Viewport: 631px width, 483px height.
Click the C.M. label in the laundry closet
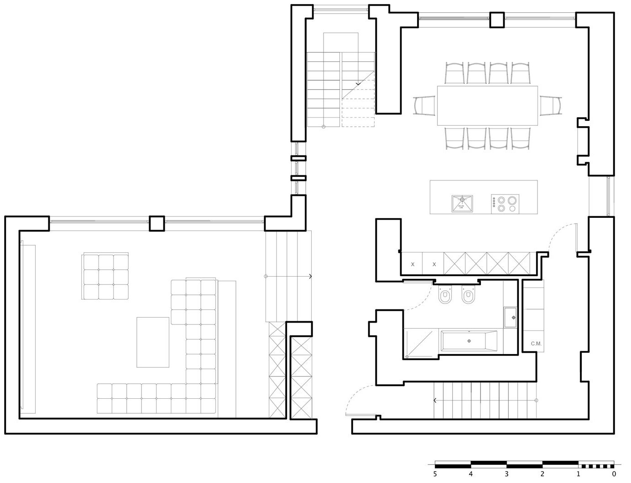(x=536, y=344)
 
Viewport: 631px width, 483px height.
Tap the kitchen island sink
(x=462, y=203)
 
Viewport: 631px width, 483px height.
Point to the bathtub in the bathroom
(x=469, y=341)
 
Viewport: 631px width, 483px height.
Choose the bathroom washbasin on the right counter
(x=513, y=317)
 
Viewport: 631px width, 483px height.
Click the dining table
(x=487, y=105)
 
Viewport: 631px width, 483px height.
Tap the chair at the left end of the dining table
(x=424, y=106)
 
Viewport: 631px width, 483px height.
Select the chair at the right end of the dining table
(x=551, y=106)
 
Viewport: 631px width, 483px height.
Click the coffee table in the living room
(x=152, y=342)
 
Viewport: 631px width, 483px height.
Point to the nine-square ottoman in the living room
(x=105, y=276)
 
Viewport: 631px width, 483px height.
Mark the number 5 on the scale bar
(x=435, y=474)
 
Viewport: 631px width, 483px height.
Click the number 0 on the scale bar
(x=614, y=474)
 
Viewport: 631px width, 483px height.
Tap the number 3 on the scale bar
(x=506, y=474)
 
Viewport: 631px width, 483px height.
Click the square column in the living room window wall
(x=156, y=223)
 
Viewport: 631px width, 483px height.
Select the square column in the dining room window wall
(x=497, y=20)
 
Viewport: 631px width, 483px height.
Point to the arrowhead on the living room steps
(x=310, y=276)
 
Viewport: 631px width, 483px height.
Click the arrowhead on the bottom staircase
(x=435, y=401)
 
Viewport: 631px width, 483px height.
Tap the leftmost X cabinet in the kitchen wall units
(x=412, y=264)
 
